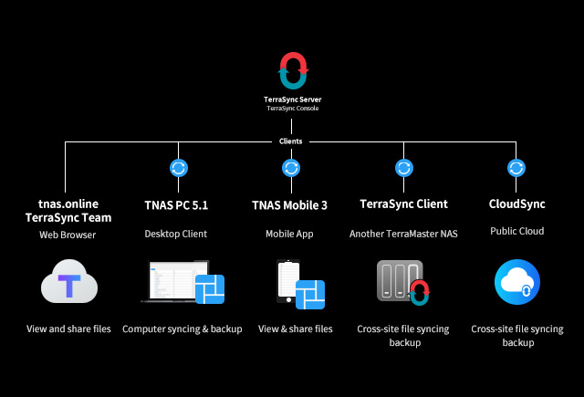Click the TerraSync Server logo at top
point(293,70)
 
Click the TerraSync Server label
point(292,99)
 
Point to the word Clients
point(291,141)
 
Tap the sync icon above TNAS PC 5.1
point(179,168)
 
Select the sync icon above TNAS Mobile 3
point(291,168)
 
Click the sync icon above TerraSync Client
point(403,168)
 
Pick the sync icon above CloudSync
point(516,168)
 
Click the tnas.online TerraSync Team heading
point(68,211)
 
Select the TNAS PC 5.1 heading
point(176,204)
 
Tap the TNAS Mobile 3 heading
point(289,204)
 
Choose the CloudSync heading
point(516,204)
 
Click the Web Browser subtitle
point(68,235)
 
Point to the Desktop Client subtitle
point(176,234)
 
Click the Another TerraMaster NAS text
point(402,234)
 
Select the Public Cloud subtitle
point(516,232)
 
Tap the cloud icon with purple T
point(68,283)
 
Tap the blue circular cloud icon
point(516,282)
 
